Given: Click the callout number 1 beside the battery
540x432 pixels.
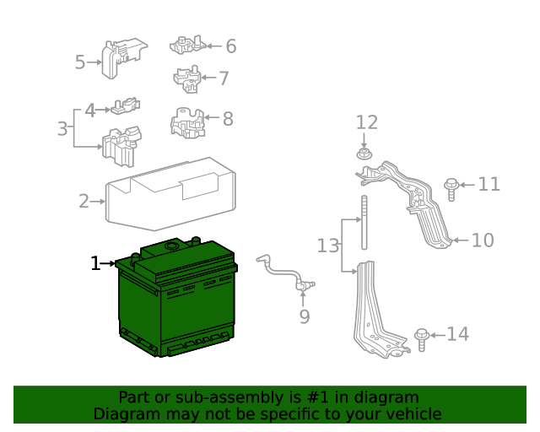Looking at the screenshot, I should tap(95, 264).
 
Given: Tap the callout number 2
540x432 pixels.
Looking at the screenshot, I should tap(84, 202).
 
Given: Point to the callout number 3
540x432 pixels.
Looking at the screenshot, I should tap(62, 129).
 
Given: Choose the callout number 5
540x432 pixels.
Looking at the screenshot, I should tap(80, 62).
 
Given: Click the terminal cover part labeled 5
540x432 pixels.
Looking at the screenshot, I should tap(117, 57).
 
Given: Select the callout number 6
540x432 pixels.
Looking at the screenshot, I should tap(230, 46).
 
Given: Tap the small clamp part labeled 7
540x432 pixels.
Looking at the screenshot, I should tap(188, 78).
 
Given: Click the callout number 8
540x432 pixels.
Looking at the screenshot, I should tap(228, 119).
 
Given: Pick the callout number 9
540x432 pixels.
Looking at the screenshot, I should tap(305, 316).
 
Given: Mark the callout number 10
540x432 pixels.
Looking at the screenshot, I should tap(483, 240).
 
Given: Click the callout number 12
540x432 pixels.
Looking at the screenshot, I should tap(367, 122).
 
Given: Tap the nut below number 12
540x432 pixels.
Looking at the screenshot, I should tap(364, 154).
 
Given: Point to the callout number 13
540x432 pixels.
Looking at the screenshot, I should tap(327, 246).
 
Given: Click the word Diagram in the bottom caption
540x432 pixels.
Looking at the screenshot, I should tap(125, 413).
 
